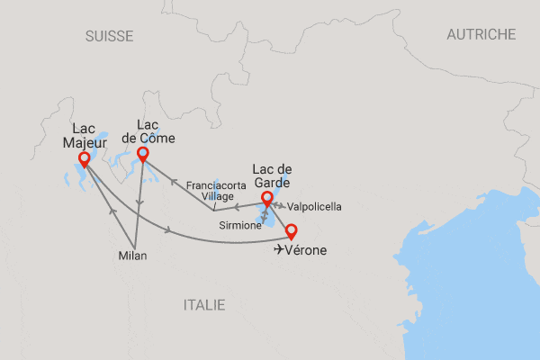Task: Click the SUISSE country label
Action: pos(109,36)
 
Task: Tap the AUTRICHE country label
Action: pos(481,34)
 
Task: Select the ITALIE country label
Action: pos(204,305)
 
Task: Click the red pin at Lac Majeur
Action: pos(85,159)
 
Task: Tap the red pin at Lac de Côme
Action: pos(142,154)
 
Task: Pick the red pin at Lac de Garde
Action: pos(265,198)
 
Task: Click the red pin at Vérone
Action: pos(290,230)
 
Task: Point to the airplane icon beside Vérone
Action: pos(280,249)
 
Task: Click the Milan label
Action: pos(131,256)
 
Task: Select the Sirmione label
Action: pos(240,226)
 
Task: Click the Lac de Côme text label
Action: pos(148,131)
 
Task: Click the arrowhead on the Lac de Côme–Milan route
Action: pos(139,202)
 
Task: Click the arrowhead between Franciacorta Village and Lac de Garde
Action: pos(238,205)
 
